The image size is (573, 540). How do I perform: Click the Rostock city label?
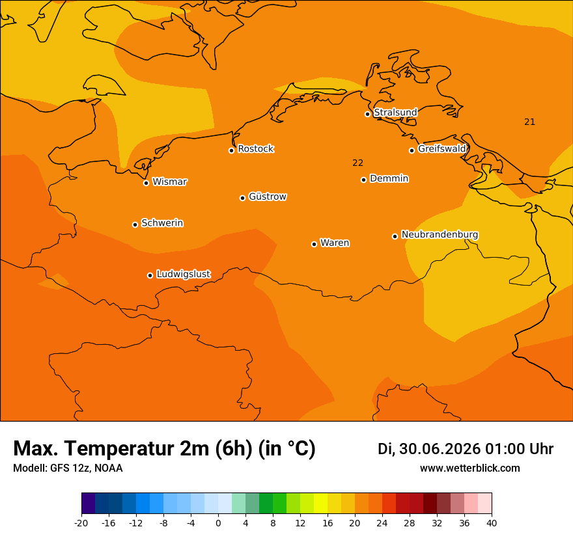tap(255, 149)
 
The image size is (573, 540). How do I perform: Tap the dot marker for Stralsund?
tap(368, 115)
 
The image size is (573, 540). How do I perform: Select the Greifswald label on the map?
tap(442, 149)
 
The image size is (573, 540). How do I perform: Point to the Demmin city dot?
tap(363, 180)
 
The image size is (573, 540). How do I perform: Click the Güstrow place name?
tap(268, 196)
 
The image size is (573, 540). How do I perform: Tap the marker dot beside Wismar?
tap(146, 183)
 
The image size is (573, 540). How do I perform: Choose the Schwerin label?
tap(162, 223)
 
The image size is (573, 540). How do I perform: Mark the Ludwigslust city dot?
tap(150, 275)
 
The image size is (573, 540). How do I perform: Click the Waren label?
tap(335, 243)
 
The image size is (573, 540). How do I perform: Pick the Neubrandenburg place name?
tap(440, 235)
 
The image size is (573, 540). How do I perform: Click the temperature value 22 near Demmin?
tap(357, 163)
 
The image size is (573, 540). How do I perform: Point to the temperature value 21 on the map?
tap(529, 122)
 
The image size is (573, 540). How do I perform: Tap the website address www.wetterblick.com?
tap(470, 468)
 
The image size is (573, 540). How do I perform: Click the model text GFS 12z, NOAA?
tap(86, 468)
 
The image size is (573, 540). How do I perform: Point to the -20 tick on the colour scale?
tap(81, 524)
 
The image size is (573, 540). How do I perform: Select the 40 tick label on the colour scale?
tap(492, 524)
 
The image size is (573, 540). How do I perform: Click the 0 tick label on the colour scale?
tap(218, 524)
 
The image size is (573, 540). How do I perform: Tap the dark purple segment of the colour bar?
tap(88, 503)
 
